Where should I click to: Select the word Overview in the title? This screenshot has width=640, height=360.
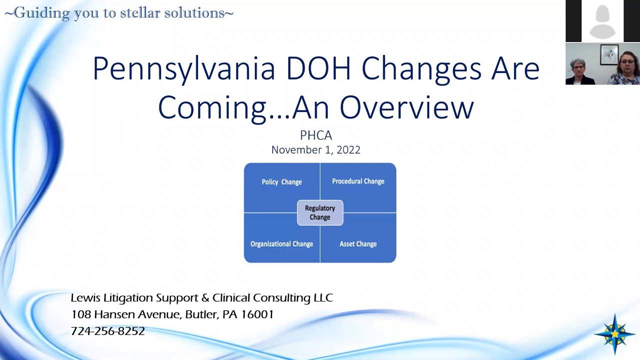pos(406,107)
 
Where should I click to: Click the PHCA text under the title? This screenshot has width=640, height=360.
pos(316,135)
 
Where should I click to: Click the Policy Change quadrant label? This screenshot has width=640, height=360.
pos(281,182)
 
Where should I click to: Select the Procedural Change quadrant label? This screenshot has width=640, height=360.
pos(358,181)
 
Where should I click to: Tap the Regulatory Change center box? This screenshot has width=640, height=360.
pos(320,212)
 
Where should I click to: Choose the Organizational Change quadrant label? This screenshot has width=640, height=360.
pos(281,244)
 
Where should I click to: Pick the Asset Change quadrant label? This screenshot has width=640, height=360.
pos(358,244)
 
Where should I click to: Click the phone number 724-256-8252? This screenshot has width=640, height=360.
pos(108,331)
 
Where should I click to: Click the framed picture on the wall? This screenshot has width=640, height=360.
pos(608,54)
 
